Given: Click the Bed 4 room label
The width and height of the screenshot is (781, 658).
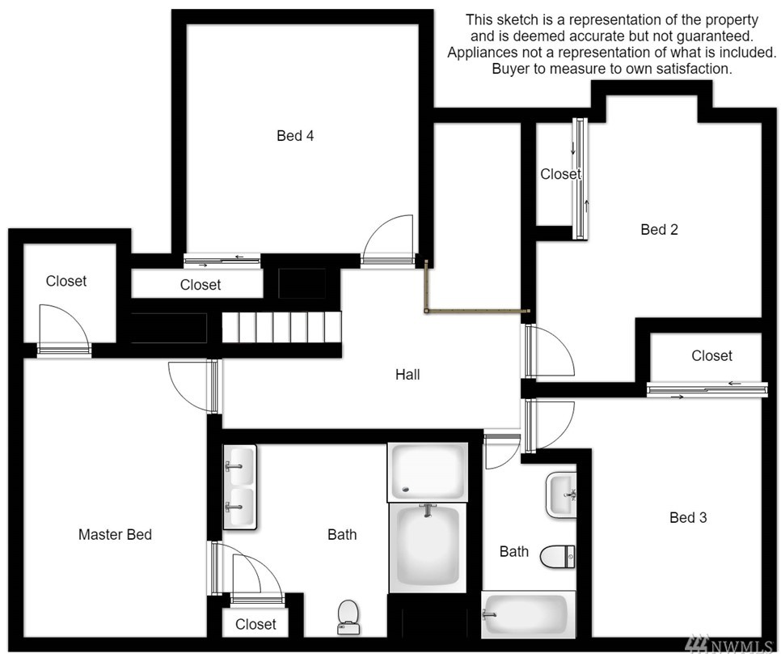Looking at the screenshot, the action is coord(295,136).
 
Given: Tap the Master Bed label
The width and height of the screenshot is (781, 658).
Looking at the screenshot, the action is coord(115,534).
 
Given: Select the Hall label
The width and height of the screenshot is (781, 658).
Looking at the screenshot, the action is coord(407,375).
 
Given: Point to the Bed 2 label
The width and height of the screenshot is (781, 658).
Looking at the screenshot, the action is coord(659,229).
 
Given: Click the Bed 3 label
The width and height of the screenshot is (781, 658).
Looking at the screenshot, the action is coord(688,517).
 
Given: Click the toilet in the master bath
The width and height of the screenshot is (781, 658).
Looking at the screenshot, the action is coord(348,617).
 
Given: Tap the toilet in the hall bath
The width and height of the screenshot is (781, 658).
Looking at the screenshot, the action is coord(558,556).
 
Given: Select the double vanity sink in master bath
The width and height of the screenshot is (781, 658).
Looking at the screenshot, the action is coord(239,486).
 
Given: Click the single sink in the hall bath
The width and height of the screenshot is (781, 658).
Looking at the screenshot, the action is coord(561,495).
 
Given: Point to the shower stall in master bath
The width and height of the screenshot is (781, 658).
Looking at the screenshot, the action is coord(428,472).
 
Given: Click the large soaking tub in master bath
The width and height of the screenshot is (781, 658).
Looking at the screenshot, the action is coord(428,547).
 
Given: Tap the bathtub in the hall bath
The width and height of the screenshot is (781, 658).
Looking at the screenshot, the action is coord(529,614).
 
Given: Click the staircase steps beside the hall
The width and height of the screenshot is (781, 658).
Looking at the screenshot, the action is coord(281,327).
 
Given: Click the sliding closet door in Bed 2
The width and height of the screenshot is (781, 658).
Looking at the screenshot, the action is coord(580,179).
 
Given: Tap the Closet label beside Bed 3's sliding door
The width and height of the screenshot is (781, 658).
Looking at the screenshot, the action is coord(711,355).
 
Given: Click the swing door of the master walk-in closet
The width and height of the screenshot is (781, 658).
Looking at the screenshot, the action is coord(64,329).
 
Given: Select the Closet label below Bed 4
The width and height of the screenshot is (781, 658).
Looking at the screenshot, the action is coord(201,285).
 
